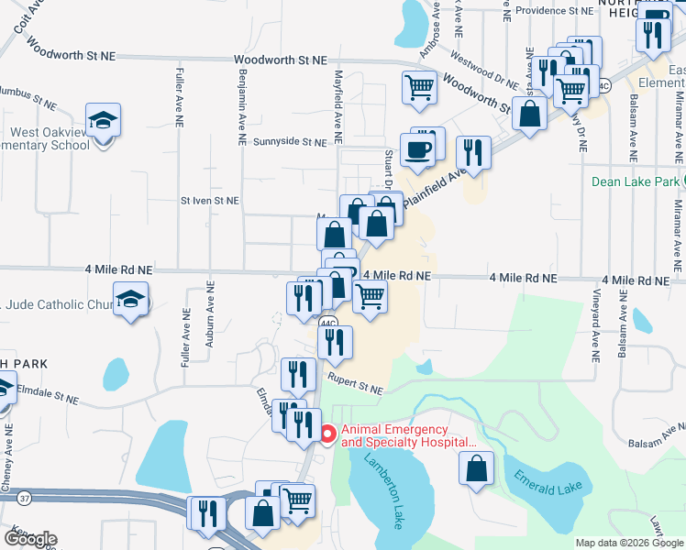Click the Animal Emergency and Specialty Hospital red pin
click(328, 430)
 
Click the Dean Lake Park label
click(636, 181)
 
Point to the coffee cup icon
click(417, 150)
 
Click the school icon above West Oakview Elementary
click(103, 119)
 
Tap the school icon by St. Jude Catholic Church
click(132, 300)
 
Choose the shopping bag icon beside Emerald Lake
click(478, 468)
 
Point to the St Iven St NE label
click(209, 200)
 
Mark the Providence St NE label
click(554, 11)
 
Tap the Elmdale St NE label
click(49, 398)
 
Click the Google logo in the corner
click(31, 538)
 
